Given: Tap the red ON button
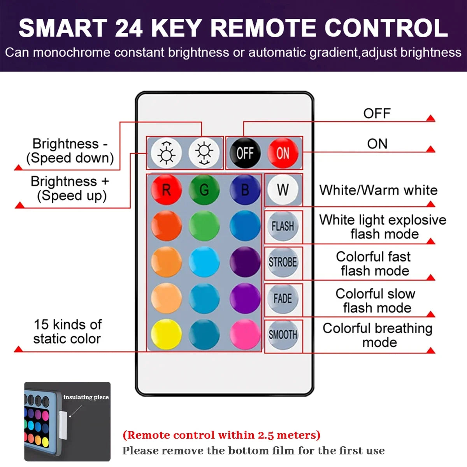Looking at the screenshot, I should (x=283, y=153).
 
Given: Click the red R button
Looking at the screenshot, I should (x=166, y=190).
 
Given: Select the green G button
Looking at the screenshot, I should (x=204, y=190).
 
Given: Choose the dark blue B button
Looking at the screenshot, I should (x=245, y=190).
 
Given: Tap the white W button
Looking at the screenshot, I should (x=283, y=190).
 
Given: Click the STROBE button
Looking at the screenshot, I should (x=283, y=262).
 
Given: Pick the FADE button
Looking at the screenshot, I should (x=283, y=298).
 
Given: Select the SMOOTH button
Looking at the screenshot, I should (x=283, y=335).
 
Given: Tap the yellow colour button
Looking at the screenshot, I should (x=166, y=334).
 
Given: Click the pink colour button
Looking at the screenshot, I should (x=245, y=334).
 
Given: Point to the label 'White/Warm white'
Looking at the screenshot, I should (x=378, y=190).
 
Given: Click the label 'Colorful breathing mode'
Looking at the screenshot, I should (x=377, y=335).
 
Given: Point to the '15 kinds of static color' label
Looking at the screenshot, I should (x=67, y=332).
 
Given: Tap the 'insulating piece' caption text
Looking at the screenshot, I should (x=86, y=397).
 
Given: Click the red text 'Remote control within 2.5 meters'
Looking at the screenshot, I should (x=221, y=435).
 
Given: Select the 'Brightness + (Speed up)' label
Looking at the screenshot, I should (x=70, y=188).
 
